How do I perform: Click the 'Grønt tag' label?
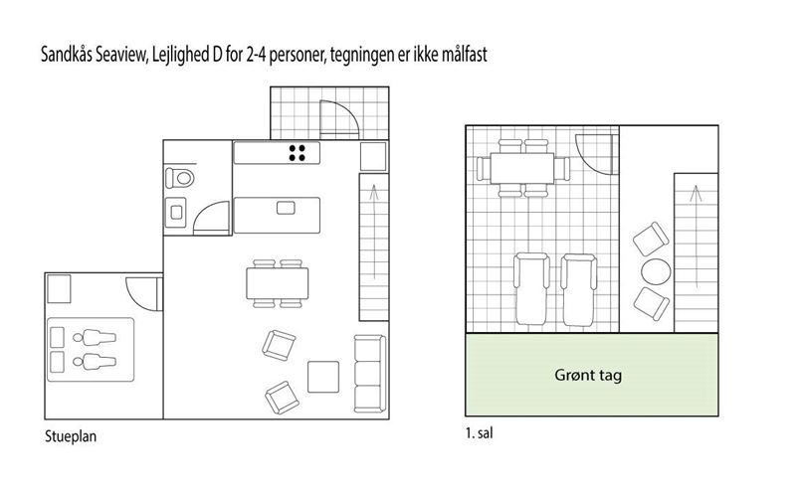588,376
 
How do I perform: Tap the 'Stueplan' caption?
71,436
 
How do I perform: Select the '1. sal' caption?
479,433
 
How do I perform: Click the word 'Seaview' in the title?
121,55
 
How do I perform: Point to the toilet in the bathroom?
179,178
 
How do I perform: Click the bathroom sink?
175,212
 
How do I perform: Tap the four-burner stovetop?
297,153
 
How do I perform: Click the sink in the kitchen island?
286,208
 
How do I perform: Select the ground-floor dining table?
277,283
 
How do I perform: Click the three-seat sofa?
370,373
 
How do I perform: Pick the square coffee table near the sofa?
323,377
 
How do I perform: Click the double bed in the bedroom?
91,350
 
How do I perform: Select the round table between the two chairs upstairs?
656,271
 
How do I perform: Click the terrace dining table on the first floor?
522,169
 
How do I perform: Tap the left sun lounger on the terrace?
531,289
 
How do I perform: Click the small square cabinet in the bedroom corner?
59,289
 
